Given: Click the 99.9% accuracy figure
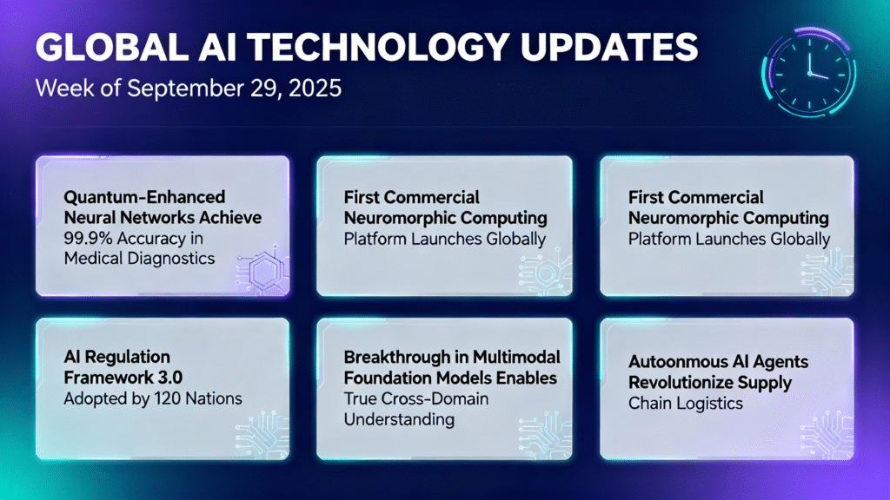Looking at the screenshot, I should coord(86,238).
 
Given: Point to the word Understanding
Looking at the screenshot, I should coord(399,419).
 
